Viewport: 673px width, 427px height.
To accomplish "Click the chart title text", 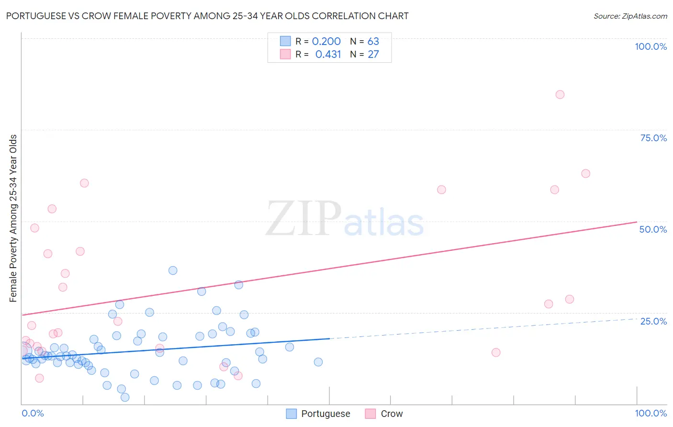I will [x=207, y=16].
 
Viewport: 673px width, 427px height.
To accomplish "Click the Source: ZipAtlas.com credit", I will [x=630, y=16].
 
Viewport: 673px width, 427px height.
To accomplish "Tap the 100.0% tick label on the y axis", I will [x=651, y=46].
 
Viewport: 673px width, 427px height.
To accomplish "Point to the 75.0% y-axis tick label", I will [x=653, y=138].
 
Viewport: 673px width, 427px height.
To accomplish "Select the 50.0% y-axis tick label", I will [x=653, y=229].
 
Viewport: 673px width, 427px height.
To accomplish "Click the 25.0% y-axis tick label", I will [x=653, y=321].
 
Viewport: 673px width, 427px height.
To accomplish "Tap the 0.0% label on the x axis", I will [x=33, y=413].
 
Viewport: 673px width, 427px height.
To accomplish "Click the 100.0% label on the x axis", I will [x=651, y=413].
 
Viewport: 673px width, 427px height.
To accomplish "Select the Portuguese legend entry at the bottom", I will [x=318, y=414].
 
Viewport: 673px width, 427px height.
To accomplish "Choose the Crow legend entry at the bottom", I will [x=384, y=414].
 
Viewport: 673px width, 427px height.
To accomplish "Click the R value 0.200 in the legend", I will [x=326, y=42].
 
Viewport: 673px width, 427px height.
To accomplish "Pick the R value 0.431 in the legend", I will [x=328, y=55].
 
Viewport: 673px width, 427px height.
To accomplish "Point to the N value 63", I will [x=373, y=42].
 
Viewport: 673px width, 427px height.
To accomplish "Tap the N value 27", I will [x=373, y=55].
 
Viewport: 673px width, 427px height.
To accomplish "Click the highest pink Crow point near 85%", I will [x=560, y=94].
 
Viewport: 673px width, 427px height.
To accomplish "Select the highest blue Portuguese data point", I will [x=173, y=270].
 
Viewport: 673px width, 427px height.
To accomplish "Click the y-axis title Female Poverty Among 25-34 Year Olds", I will [x=13, y=218].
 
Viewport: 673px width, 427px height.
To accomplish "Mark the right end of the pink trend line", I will [x=637, y=222].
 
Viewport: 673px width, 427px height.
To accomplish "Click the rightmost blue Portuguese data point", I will [x=318, y=362].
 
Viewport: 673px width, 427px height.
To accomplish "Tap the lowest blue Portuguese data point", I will [x=125, y=397].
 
